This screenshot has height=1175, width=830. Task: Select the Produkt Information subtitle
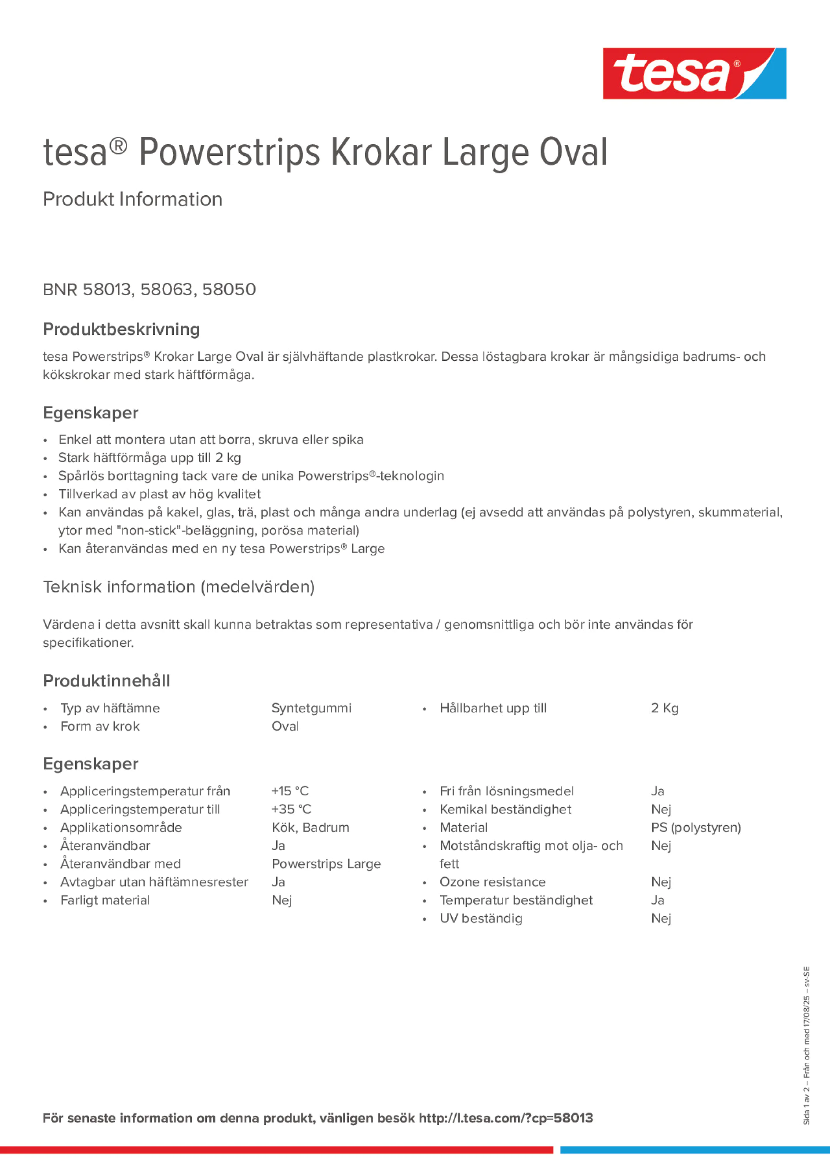pos(132,199)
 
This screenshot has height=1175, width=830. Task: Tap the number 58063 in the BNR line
pos(166,289)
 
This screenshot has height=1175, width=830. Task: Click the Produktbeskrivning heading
pos(121,329)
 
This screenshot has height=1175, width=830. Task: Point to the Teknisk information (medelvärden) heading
pos(179,586)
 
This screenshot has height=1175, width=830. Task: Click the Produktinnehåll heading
pos(106,681)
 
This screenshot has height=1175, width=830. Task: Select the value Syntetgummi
pos(311,708)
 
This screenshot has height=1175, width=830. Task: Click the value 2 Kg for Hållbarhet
pos(664,708)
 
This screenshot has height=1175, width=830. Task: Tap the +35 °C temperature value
pos(291,809)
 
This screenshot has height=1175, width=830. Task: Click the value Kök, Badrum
pos(310,827)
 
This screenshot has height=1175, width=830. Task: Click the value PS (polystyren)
pos(695,827)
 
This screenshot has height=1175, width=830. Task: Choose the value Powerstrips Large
pos(326,864)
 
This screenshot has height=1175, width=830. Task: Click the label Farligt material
pos(105,900)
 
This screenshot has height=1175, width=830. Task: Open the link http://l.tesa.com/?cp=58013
pos(505,1118)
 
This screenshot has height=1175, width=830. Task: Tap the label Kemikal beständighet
pos(505,809)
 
